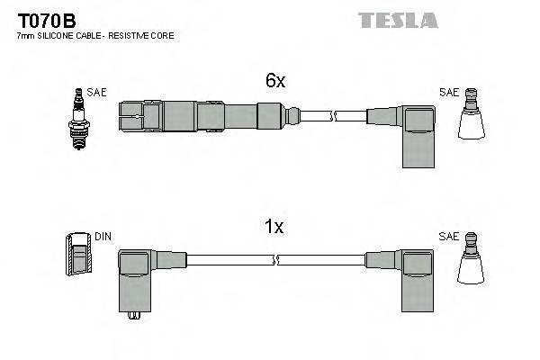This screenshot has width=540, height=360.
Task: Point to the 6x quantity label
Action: click(274, 81)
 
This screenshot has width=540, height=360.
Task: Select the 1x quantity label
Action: click(274, 228)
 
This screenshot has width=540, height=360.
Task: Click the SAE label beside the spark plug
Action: click(96, 92)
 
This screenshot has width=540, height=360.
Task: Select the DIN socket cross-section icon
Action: click(79, 253)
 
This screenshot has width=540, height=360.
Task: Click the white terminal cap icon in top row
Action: click(471, 118)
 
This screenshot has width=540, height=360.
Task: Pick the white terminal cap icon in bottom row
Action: click(471, 262)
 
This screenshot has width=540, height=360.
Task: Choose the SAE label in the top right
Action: click(448, 92)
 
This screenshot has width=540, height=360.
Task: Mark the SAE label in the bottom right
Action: click(448, 237)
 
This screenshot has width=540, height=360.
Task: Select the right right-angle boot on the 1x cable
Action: click(416, 279)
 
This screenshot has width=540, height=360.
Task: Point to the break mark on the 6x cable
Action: click(333, 116)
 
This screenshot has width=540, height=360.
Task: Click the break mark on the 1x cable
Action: click(275, 260)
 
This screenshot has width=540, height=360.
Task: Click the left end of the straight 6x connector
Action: click(123, 115)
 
